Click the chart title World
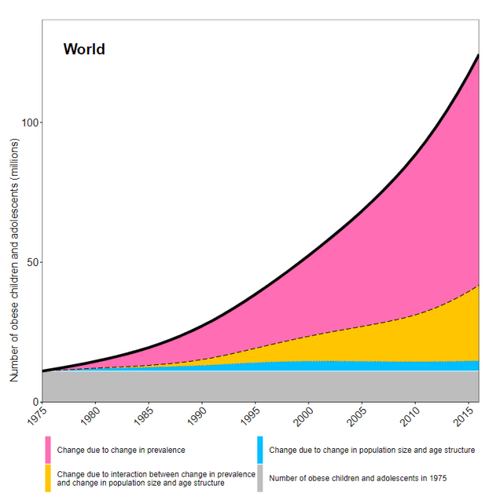click(x=84, y=50)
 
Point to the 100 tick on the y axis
click(x=29, y=123)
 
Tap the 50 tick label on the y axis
click(x=31, y=263)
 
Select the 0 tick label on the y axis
click(x=34, y=402)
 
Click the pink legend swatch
click(x=48, y=450)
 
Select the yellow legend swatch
click(x=48, y=478)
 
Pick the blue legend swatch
click(x=260, y=450)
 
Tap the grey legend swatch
click(x=260, y=478)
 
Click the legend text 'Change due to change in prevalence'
click(x=121, y=450)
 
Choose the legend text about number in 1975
click(x=357, y=478)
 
